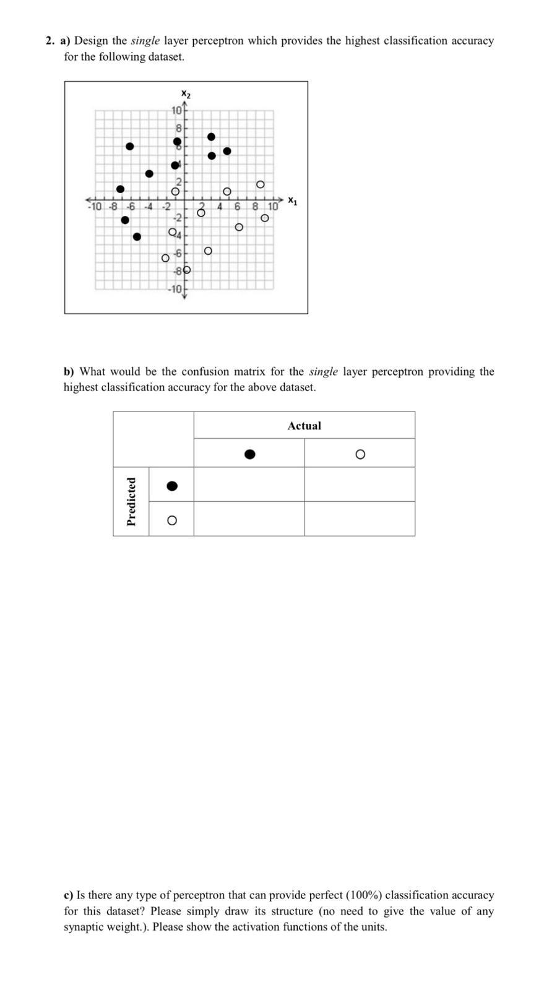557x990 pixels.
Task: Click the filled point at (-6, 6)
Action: click(129, 146)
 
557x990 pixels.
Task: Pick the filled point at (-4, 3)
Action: click(149, 173)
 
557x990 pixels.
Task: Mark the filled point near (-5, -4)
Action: click(137, 236)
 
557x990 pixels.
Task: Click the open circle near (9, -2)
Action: click(265, 218)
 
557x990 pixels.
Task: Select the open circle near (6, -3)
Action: click(239, 227)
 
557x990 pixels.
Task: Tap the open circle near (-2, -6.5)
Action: click(165, 257)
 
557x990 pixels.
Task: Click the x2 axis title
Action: click(186, 94)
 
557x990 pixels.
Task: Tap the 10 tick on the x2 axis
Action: click(176, 111)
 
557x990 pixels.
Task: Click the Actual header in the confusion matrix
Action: click(304, 426)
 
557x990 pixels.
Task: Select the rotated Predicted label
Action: click(131, 501)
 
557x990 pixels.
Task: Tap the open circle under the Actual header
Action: click(360, 454)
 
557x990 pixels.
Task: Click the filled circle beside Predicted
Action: click(172, 486)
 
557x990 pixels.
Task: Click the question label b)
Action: click(69, 372)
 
